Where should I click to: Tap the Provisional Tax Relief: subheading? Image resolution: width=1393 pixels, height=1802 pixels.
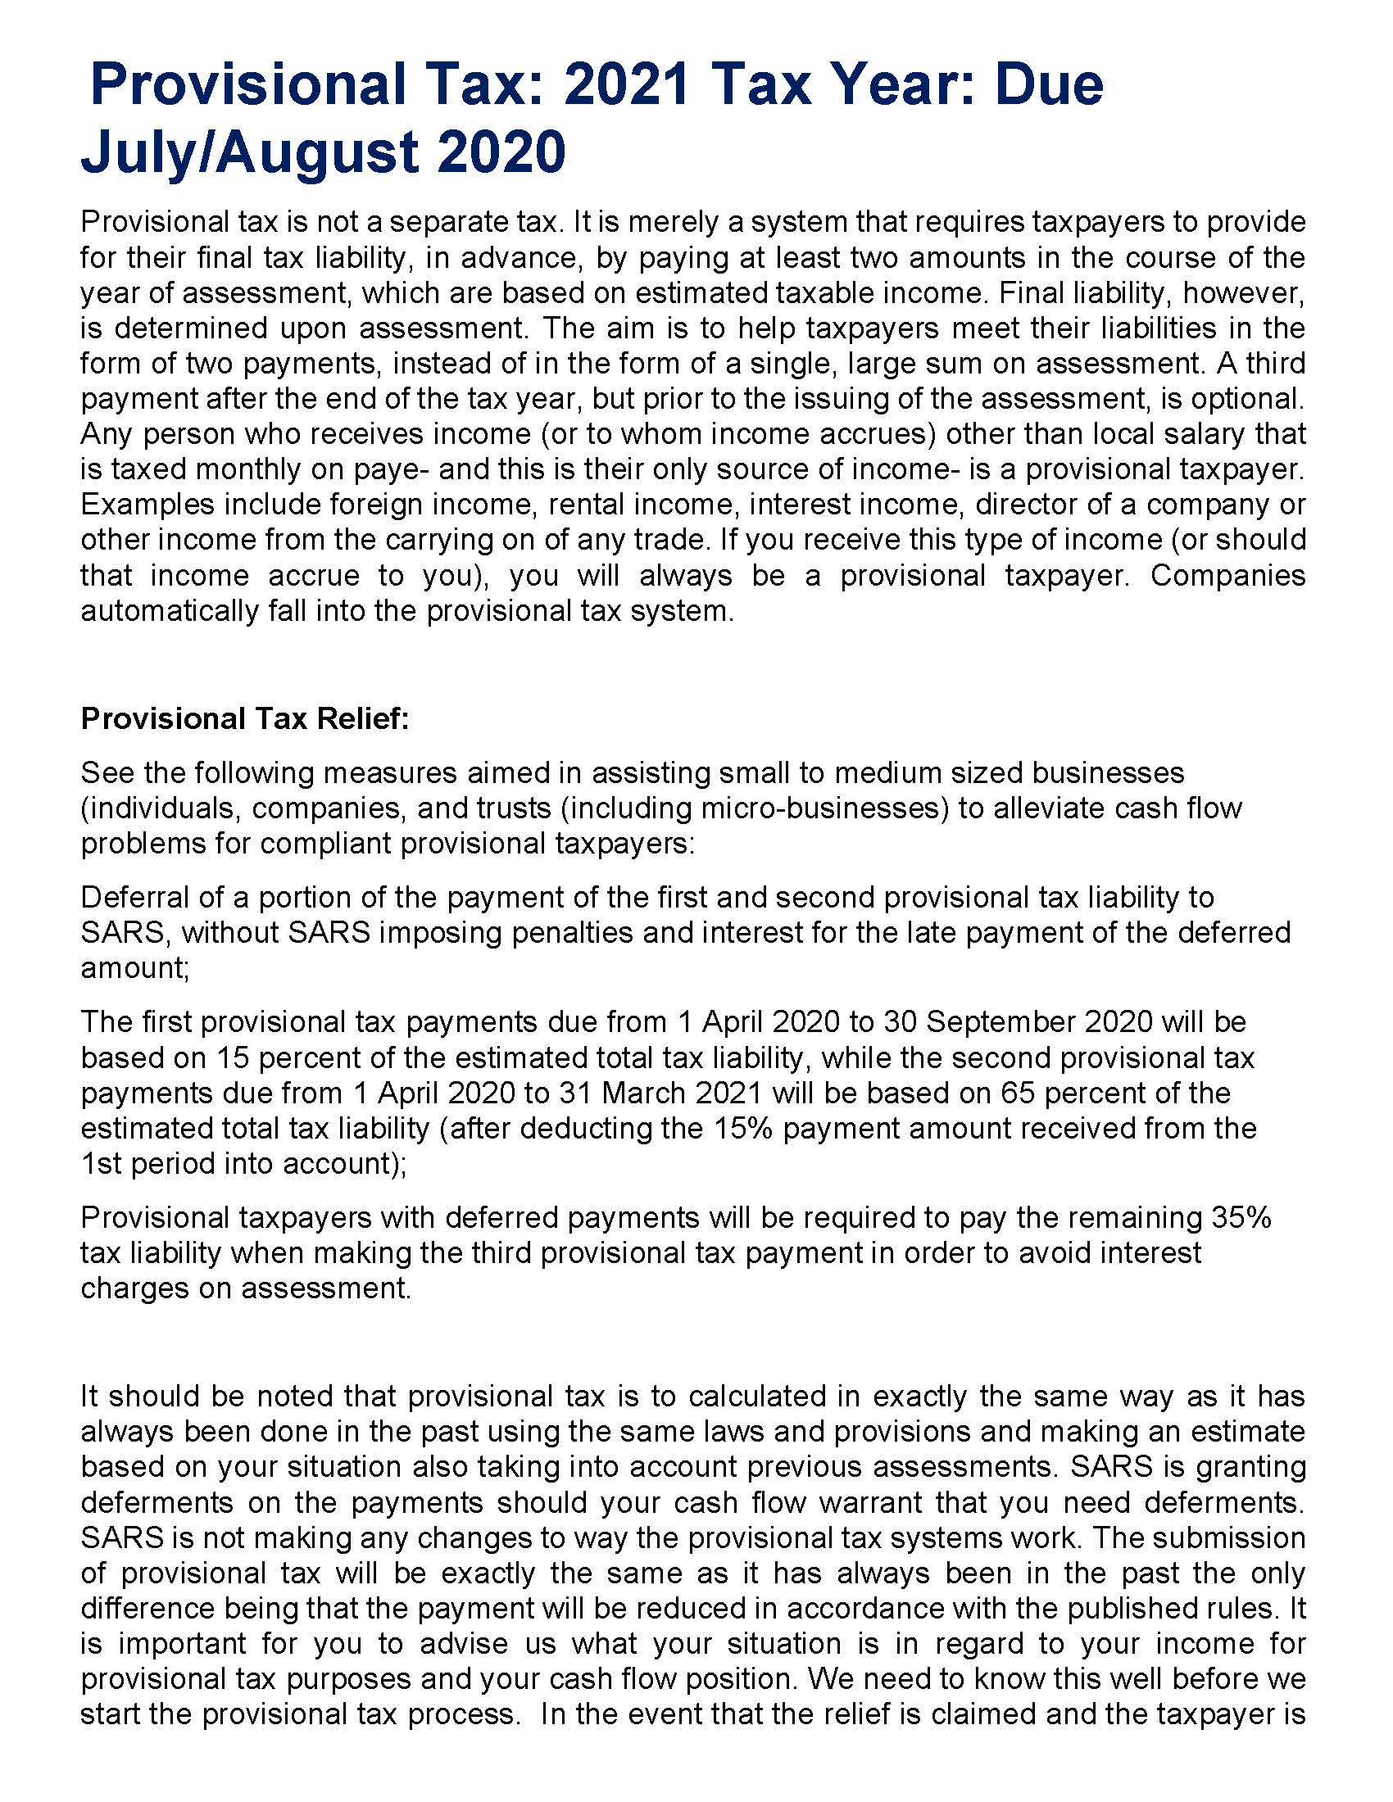[x=245, y=718]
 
